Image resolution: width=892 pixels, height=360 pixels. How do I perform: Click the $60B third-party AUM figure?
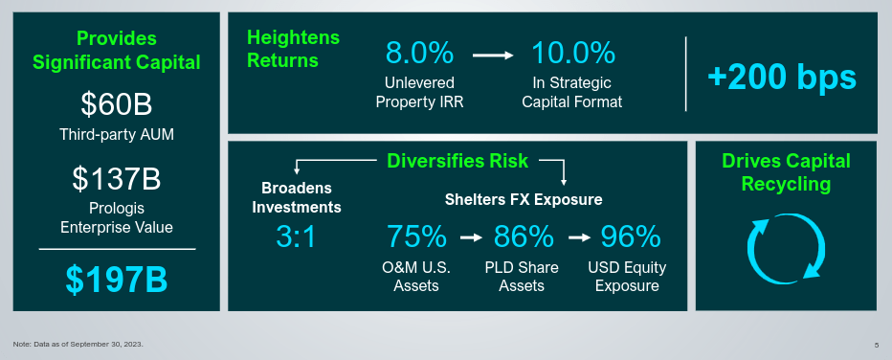pos(117,103)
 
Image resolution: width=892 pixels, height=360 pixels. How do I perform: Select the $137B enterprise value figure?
pos(117,178)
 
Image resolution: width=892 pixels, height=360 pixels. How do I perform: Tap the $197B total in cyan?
pos(117,279)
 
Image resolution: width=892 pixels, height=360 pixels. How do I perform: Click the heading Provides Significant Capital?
pos(117,51)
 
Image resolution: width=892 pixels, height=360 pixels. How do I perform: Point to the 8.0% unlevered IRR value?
pos(419,53)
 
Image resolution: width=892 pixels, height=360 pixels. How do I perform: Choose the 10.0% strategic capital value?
pos(572,53)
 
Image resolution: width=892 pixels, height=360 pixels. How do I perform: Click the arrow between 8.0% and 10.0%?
pos(494,55)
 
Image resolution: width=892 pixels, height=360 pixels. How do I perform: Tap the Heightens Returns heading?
pos(282,49)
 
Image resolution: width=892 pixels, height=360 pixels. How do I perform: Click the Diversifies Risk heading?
pos(457,161)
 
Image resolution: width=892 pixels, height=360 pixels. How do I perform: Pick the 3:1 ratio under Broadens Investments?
pos(296,236)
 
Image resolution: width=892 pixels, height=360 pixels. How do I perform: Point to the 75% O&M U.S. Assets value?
pos(416,236)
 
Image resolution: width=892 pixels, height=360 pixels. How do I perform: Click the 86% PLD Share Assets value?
pos(523,236)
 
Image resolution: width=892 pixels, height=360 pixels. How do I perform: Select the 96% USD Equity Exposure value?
pos(630,236)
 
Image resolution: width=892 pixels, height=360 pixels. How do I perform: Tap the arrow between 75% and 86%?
pos(470,236)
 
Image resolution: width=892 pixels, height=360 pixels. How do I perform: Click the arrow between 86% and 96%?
pos(577,236)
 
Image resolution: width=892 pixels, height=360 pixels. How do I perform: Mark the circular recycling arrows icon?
pos(785,247)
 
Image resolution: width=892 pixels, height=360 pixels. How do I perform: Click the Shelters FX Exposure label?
pos(524,200)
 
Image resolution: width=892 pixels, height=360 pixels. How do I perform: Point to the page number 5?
pos(876,345)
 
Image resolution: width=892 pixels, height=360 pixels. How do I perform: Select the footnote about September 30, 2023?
pos(78,343)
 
